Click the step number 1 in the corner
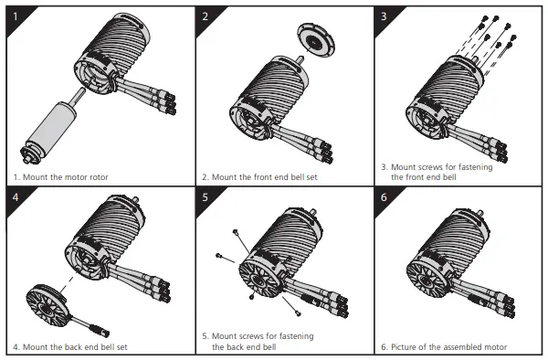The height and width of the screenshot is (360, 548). tap(16, 16)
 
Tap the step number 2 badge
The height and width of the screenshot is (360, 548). tap(205, 16)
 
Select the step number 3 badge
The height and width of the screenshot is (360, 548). tap(384, 16)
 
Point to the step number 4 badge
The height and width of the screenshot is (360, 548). tap(16, 197)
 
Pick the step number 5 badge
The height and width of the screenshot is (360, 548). tap(205, 197)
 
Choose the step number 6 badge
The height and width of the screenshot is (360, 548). tap(384, 197)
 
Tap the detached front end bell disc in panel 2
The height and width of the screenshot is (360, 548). tap(316, 40)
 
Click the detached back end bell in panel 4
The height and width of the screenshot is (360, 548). tap(47, 304)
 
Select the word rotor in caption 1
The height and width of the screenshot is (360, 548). tap(99, 177)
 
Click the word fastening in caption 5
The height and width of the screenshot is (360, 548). tap(295, 336)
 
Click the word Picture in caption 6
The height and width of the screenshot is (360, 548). tap(404, 347)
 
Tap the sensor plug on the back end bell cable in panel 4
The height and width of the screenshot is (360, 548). tap(100, 331)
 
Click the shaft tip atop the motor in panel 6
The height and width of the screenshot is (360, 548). tap(480, 213)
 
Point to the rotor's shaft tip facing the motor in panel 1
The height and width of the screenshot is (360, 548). tap(82, 90)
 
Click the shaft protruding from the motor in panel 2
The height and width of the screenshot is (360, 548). tap(299, 59)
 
